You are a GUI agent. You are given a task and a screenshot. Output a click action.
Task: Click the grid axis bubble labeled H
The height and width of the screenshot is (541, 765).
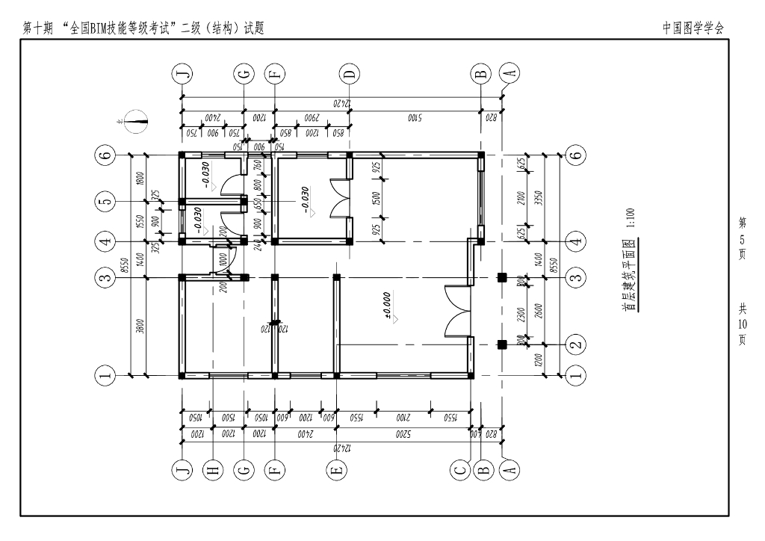coord(213,469)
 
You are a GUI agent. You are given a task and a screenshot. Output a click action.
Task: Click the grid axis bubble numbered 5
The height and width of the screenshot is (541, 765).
coord(106,202)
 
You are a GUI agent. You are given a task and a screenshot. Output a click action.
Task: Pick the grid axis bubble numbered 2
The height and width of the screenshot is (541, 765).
coord(575,344)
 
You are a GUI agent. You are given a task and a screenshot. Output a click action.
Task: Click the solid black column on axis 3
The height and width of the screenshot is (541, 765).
coord(502,278)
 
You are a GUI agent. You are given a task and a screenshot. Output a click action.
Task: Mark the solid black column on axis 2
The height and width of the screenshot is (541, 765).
coord(502,344)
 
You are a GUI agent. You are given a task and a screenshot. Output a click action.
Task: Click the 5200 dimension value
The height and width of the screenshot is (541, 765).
coord(403,432)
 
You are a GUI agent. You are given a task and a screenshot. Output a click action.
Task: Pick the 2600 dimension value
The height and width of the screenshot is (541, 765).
coord(543,311)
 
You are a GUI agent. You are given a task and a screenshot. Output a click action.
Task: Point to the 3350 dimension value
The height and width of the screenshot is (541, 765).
coord(543,197)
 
